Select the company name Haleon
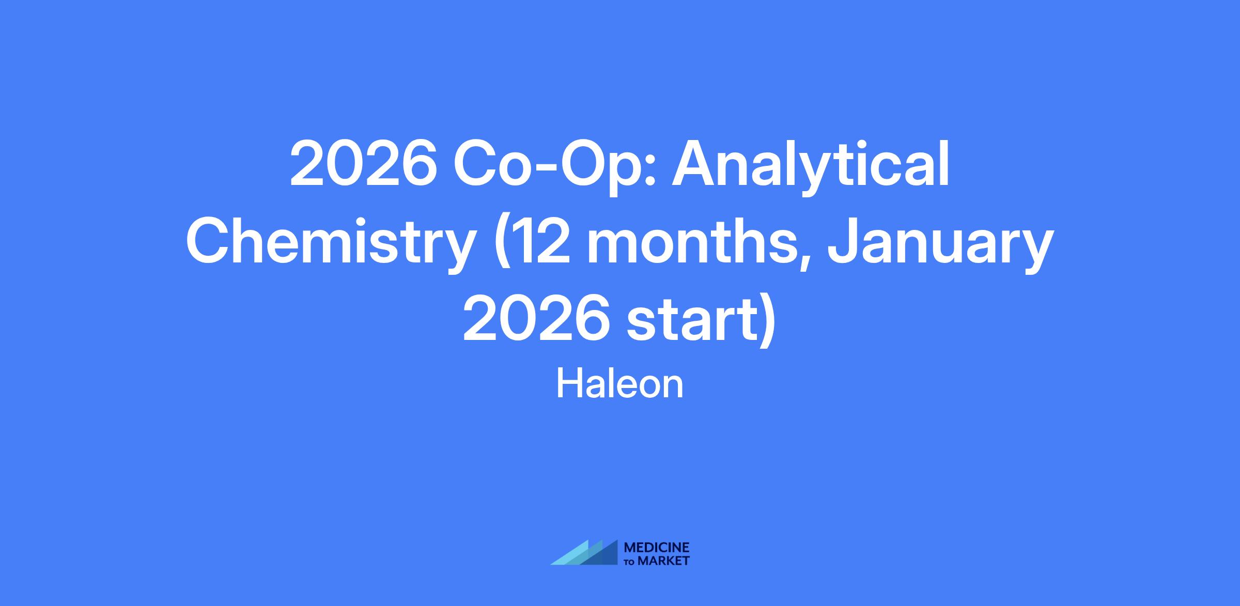(620, 384)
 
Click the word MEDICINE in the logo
(657, 548)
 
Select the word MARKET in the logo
(663, 561)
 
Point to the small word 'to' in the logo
(630, 562)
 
